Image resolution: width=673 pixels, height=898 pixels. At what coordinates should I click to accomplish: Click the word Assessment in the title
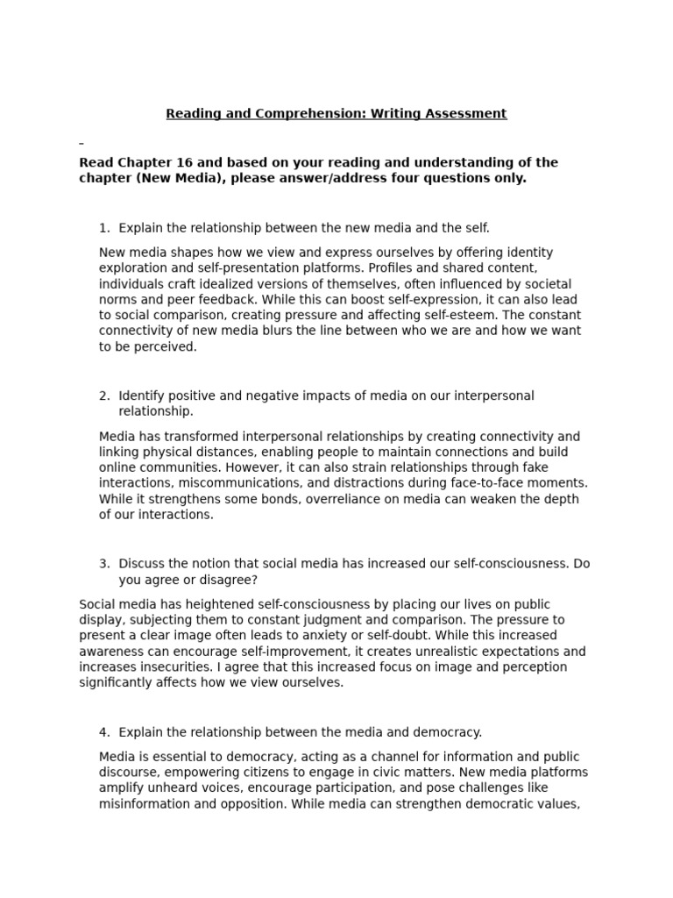coord(466,113)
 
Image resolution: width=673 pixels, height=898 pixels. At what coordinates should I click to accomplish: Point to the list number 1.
coord(103,228)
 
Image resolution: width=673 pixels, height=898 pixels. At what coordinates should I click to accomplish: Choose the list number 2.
coord(103,396)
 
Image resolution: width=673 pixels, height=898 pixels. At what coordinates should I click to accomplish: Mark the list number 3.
coord(103,563)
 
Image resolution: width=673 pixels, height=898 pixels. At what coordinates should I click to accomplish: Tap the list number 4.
coord(103,731)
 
